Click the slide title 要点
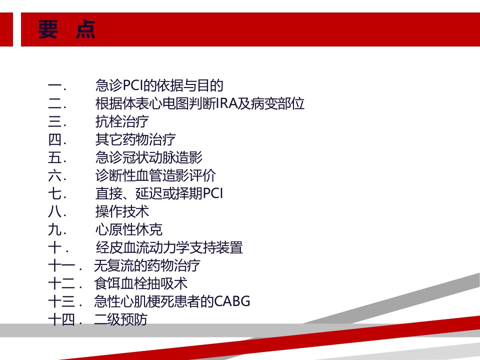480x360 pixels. [x=66, y=29]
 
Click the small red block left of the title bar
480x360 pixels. [x=6, y=29]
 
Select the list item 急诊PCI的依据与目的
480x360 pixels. [x=159, y=85]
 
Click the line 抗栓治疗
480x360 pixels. [x=122, y=121]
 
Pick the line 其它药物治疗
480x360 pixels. [x=135, y=139]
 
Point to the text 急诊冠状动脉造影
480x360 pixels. [x=149, y=157]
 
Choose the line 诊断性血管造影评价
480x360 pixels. [x=155, y=175]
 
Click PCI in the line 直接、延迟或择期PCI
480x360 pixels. [x=213, y=193]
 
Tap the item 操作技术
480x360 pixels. [x=122, y=211]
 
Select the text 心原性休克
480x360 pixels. [x=129, y=229]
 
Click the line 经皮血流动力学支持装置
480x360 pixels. [x=169, y=247]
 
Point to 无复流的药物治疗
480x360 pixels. [x=147, y=265]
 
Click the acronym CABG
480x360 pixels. [x=232, y=301]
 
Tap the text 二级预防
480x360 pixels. [x=120, y=319]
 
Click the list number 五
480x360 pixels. [x=55, y=158]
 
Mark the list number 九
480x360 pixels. [x=55, y=230]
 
